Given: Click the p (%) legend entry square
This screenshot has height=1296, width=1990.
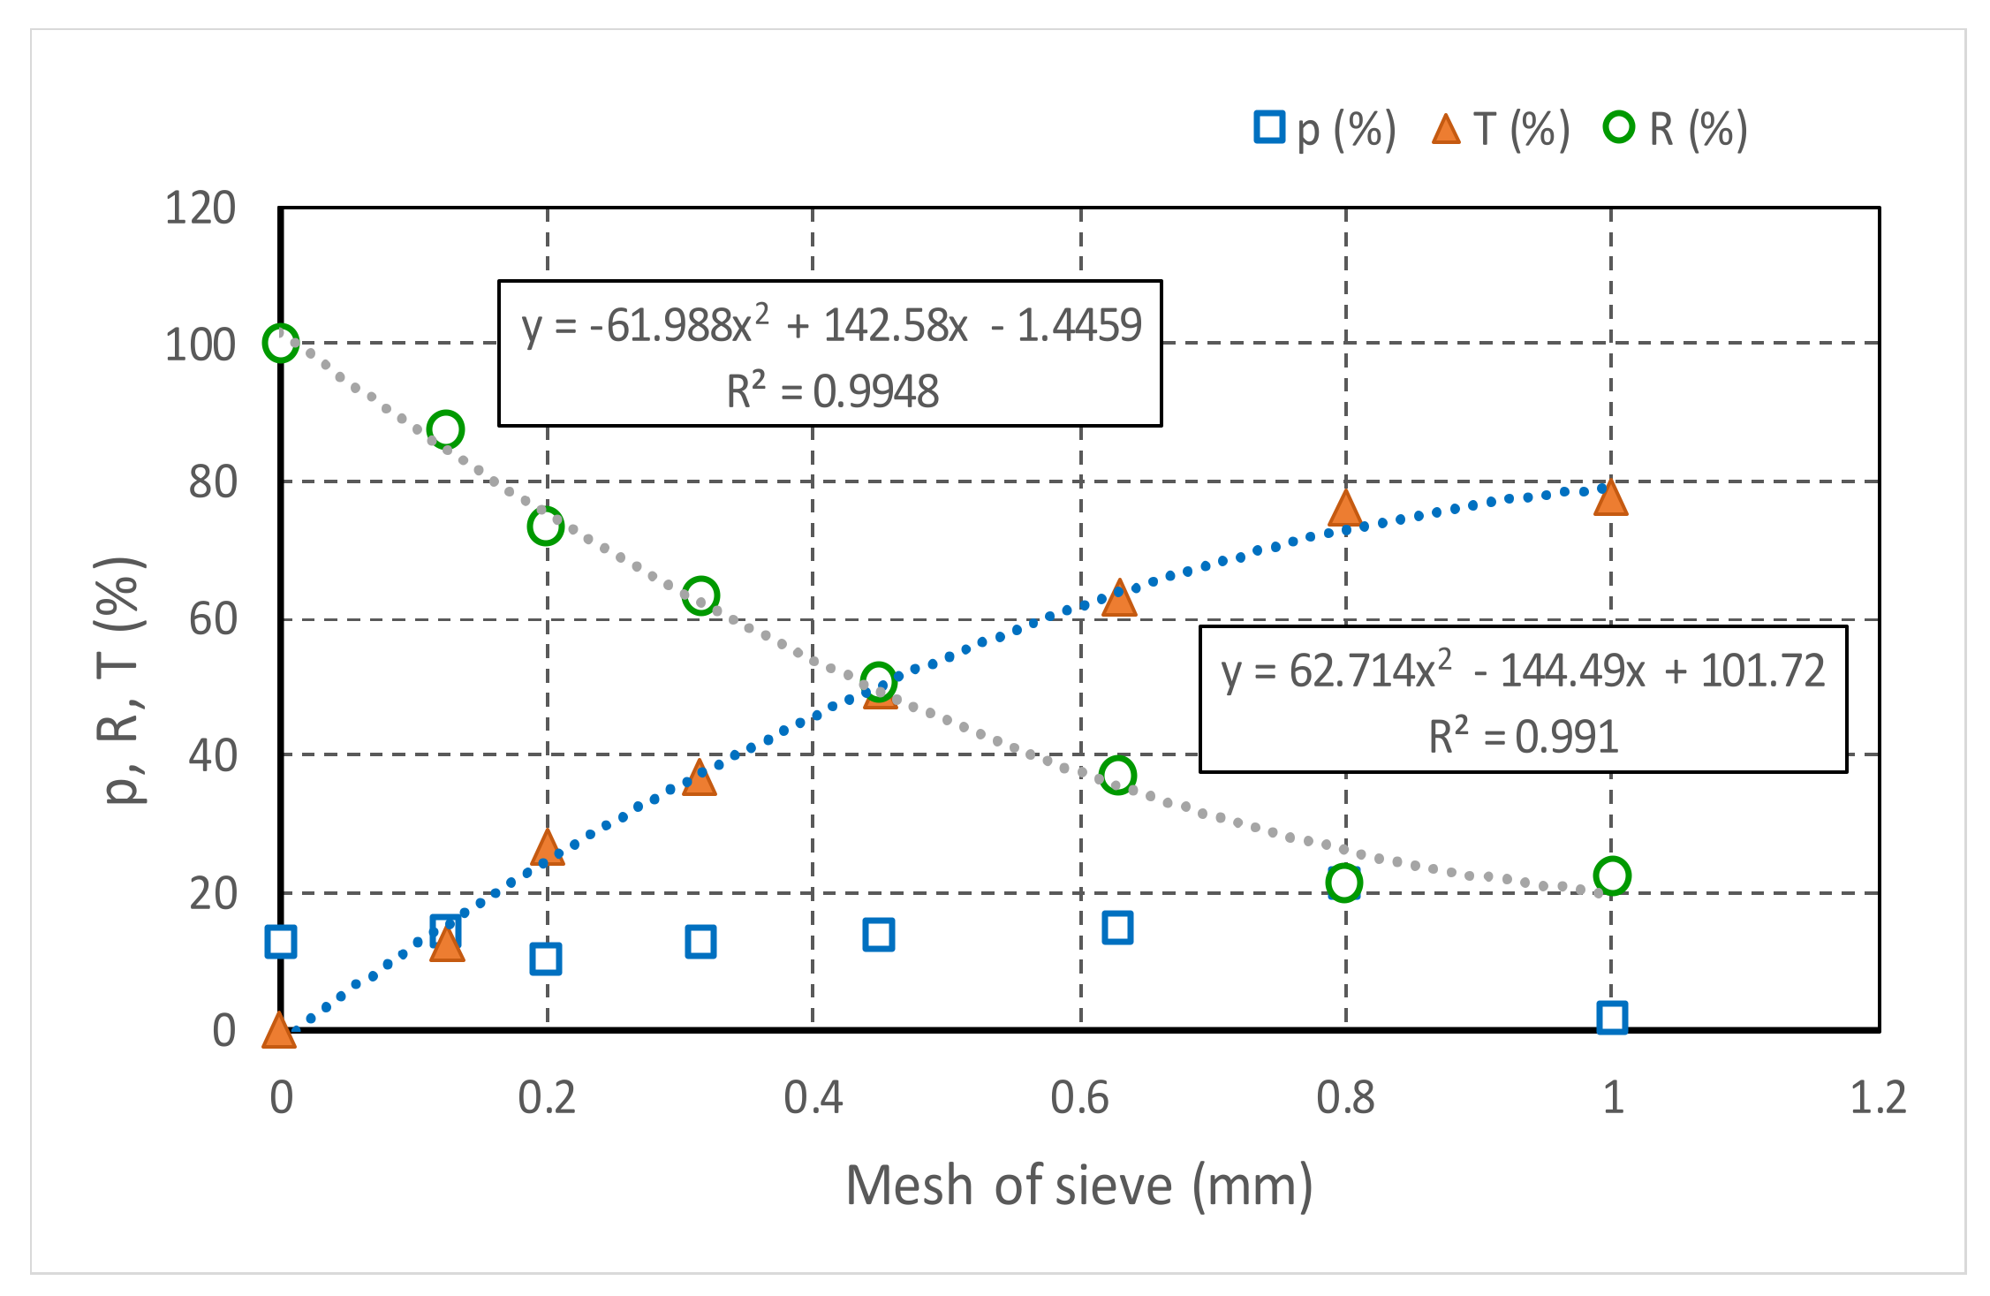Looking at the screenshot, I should [x=1268, y=127].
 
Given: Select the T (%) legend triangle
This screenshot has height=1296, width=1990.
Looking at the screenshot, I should [x=1446, y=130].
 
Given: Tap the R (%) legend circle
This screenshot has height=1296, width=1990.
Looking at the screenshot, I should [x=1619, y=127].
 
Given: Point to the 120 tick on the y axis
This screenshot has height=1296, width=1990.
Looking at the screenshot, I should [x=201, y=208].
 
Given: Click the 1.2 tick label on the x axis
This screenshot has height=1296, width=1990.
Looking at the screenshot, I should [x=1878, y=1097].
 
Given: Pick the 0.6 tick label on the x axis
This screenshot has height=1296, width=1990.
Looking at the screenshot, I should [x=1079, y=1097].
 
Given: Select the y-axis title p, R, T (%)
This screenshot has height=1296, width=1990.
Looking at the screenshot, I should [x=121, y=680].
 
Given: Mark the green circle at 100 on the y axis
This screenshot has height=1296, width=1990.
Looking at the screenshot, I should [x=281, y=343].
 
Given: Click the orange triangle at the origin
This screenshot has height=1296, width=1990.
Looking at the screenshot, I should [x=279, y=1031].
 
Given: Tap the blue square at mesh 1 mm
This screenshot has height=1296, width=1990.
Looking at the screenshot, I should [x=1612, y=1017].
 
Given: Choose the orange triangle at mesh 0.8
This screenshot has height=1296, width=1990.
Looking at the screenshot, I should [x=1345, y=508].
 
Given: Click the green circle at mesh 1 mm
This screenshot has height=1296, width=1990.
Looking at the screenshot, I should [x=1612, y=875].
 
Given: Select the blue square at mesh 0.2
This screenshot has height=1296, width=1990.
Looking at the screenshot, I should [x=546, y=959].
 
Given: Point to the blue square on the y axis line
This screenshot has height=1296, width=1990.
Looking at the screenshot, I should [x=281, y=942].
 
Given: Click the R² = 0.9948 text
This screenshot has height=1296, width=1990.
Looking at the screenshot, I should [x=832, y=391].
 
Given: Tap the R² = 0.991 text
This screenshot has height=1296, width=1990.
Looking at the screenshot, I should [x=1524, y=736].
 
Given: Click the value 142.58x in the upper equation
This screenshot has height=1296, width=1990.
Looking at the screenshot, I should [x=895, y=326].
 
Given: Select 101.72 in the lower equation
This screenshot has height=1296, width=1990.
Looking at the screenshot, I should [x=1762, y=671].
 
